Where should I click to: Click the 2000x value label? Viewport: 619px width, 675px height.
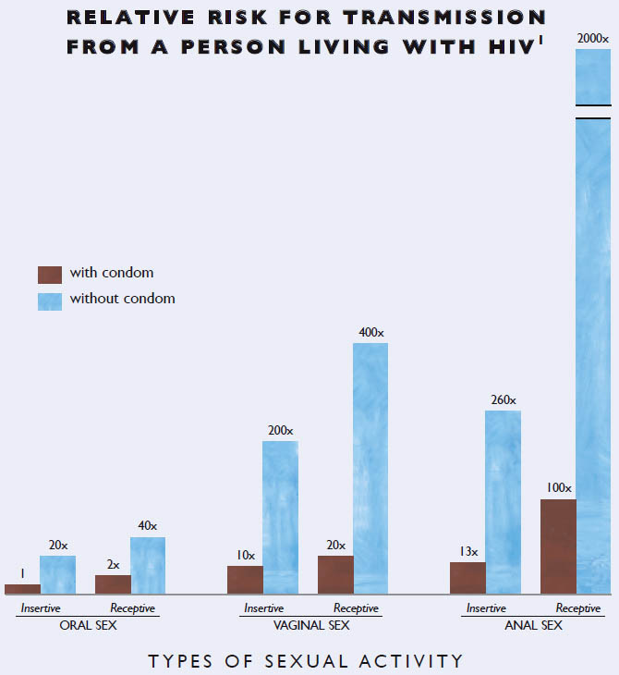coord(593,39)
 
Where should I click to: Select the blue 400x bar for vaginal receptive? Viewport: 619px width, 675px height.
coord(370,467)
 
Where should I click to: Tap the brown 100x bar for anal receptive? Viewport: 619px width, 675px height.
coord(558,546)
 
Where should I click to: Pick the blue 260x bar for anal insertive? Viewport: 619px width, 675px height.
coord(504,499)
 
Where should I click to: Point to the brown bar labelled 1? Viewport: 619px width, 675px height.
coord(22,588)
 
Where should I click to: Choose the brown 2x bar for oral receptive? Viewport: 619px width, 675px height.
coord(113,583)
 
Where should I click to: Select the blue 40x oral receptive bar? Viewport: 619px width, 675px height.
coord(148,565)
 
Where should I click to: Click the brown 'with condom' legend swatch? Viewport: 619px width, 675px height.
coord(50,275)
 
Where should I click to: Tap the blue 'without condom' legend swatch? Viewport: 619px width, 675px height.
coord(50,301)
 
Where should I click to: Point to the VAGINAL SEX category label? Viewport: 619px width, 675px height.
coord(310,626)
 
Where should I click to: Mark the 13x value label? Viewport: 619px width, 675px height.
coord(467,552)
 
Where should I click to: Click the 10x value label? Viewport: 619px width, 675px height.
coord(245,555)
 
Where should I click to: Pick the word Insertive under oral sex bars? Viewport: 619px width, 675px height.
coord(41,608)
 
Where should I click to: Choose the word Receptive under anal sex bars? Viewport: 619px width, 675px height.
coord(578,608)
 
